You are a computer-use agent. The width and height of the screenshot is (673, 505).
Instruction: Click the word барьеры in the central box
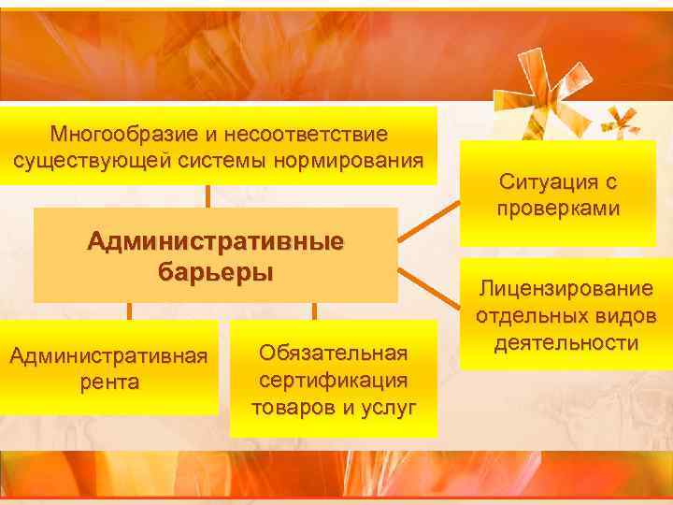click(215, 272)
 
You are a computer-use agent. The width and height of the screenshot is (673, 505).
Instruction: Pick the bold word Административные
click(215, 242)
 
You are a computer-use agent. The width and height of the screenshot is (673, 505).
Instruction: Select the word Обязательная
click(334, 353)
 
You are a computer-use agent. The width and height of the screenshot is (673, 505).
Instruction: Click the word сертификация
click(334, 380)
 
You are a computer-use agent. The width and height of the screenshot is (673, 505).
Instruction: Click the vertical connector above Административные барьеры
click(208, 195)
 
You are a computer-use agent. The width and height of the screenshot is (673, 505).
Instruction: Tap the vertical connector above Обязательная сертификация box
click(314, 311)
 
